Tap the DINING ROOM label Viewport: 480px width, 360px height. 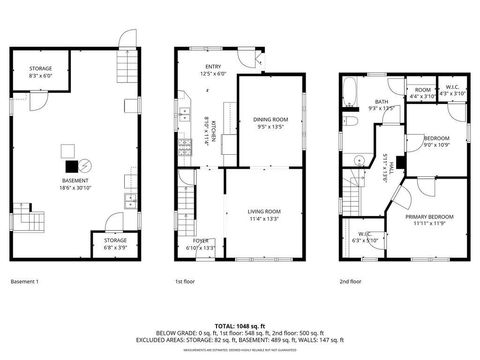pyautogui.click(x=270, y=121)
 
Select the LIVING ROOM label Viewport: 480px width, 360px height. pyautogui.click(x=264, y=211)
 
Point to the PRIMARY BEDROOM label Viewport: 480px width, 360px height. pyautogui.click(x=429, y=217)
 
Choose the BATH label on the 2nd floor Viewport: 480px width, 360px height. pyautogui.click(x=381, y=101)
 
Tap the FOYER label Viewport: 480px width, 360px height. pyautogui.click(x=201, y=241)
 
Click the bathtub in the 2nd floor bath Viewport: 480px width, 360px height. pyautogui.click(x=351, y=95)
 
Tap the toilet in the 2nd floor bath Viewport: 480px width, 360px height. pyautogui.click(x=355, y=121)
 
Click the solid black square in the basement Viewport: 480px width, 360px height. pyautogui.click(x=70, y=166)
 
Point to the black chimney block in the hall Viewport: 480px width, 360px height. pyautogui.click(x=398, y=162)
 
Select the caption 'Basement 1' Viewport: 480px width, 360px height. pyautogui.click(x=24, y=282)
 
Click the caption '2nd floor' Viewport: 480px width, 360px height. pyautogui.click(x=349, y=282)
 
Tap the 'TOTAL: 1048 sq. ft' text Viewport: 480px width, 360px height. pyautogui.click(x=240, y=326)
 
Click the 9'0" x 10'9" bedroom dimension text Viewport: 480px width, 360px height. pyautogui.click(x=436, y=145)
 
